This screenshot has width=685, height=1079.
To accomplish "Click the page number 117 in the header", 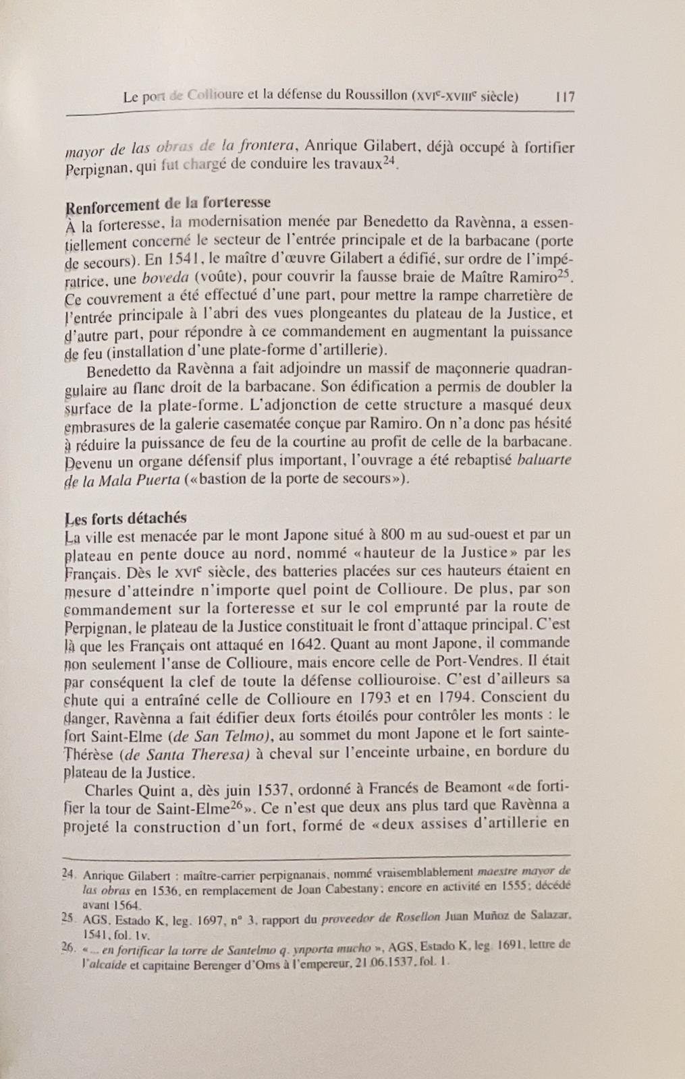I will (x=564, y=96).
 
